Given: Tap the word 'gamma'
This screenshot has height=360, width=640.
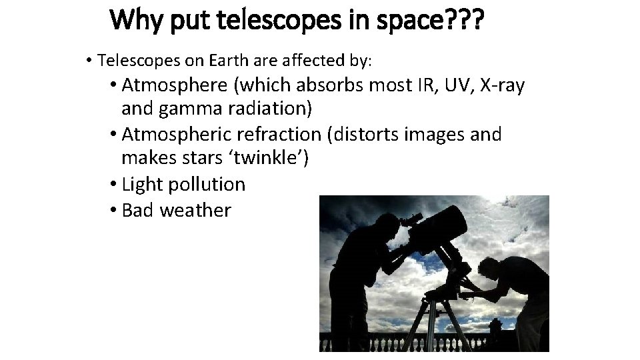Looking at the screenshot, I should click(195, 108).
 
